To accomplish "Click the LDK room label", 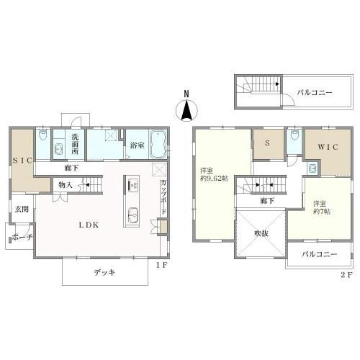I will (89, 225).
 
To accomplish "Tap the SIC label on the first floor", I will (20, 161).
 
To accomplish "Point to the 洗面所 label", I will (75, 143).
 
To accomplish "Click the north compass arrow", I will (186, 111).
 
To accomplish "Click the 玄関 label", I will (20, 210).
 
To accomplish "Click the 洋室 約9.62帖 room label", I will (214, 174).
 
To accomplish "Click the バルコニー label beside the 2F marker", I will (317, 256).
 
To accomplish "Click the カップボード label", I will (165, 197).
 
